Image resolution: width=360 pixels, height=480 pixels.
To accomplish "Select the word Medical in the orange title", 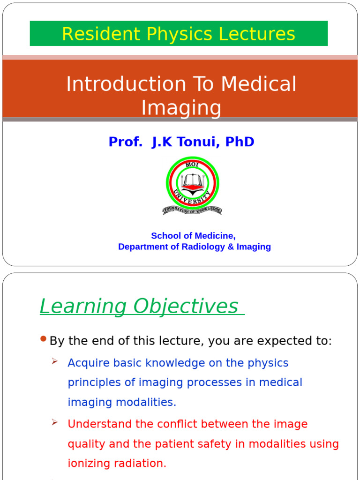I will (259, 84).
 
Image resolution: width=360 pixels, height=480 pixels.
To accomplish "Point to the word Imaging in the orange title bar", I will (181, 108).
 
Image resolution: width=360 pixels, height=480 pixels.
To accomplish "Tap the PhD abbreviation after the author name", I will (240, 142).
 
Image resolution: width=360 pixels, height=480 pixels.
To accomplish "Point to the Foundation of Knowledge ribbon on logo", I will (192, 210).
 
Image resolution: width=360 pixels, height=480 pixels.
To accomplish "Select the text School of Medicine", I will (193, 236).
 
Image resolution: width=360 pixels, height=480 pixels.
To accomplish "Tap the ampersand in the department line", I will (231, 247).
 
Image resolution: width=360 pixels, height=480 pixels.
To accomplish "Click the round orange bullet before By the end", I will (44, 339).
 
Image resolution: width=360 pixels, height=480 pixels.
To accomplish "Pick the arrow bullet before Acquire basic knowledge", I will (55, 361).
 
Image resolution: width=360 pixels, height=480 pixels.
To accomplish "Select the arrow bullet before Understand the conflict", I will (55, 422).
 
